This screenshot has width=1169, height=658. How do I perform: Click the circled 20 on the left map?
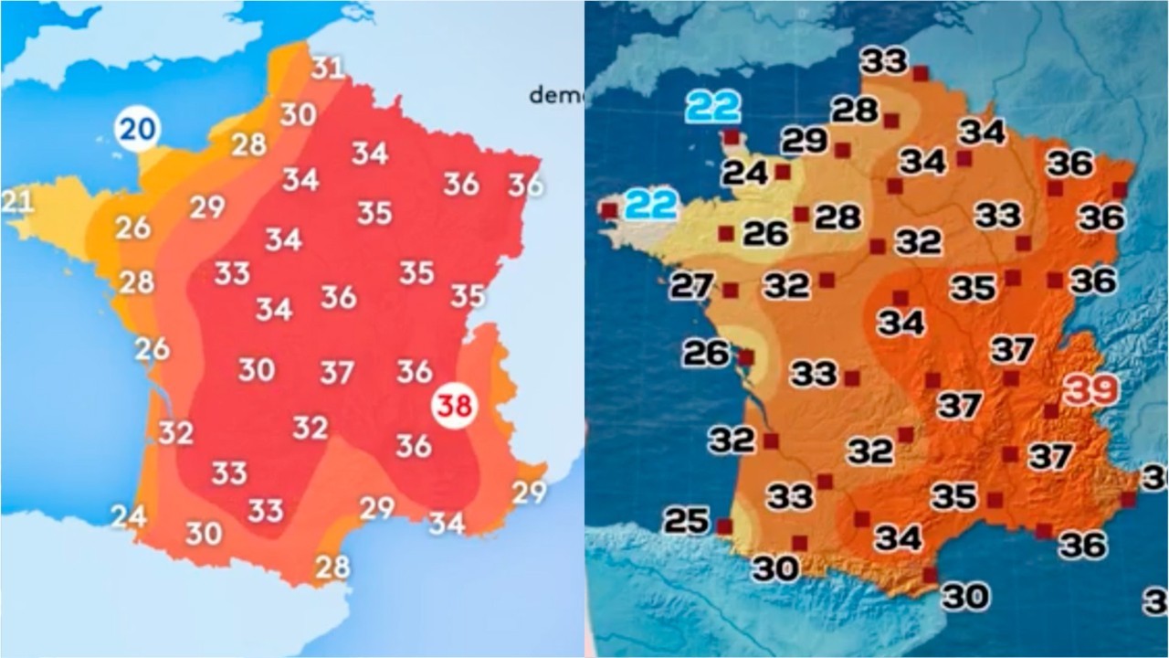(137, 130)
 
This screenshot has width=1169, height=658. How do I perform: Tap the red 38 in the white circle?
(454, 406)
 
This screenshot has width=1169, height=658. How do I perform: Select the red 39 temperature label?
(1092, 390)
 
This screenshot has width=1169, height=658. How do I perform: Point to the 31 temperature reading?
(327, 68)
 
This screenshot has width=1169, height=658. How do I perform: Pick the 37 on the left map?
(337, 372)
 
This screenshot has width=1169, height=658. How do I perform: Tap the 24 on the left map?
(129, 516)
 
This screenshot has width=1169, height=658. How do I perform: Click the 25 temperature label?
(686, 520)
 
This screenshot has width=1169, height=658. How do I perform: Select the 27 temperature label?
(691, 286)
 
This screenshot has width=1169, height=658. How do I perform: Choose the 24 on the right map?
(745, 172)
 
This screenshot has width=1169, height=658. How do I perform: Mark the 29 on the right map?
(805, 141)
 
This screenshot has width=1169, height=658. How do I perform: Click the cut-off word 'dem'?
(556, 94)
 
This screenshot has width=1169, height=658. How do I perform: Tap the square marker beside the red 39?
(1051, 411)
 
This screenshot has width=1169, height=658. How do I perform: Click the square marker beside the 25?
(724, 526)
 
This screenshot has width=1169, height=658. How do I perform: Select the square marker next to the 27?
(731, 291)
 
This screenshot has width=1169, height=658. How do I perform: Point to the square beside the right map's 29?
(843, 150)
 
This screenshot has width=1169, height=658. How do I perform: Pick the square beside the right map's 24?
(783, 171)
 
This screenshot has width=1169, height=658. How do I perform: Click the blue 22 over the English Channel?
(713, 108)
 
